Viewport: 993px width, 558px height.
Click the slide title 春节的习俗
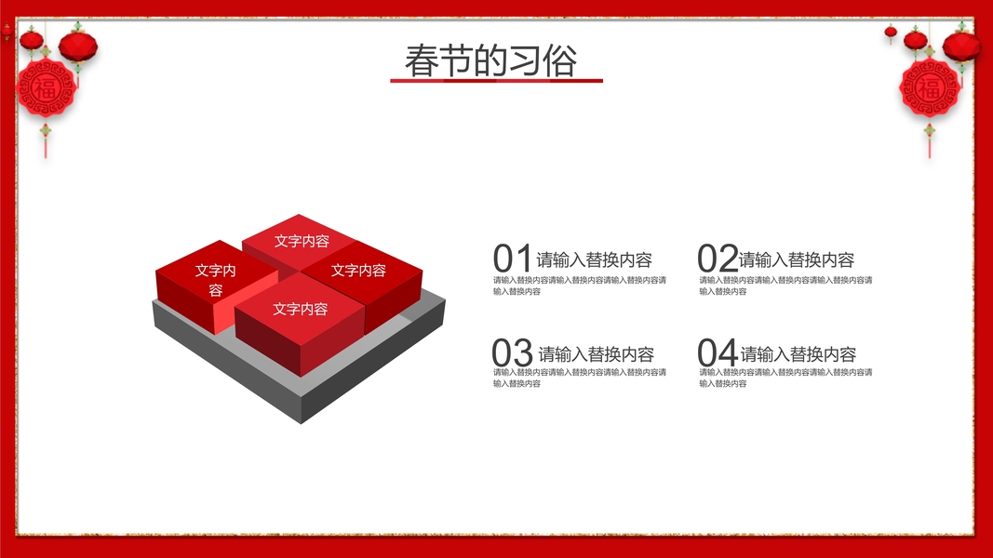tap(490, 60)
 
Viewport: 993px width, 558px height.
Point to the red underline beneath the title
tap(497, 80)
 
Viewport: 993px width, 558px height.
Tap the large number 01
tap(512, 259)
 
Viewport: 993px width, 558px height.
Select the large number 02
tap(718, 259)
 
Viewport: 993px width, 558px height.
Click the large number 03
tap(513, 352)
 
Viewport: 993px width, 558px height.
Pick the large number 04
tap(718, 352)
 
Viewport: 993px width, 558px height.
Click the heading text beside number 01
tap(594, 260)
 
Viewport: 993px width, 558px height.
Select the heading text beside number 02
tap(797, 260)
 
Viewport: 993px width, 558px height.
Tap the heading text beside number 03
tap(596, 353)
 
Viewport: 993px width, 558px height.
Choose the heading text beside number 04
tap(798, 353)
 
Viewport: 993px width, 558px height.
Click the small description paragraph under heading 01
tap(580, 286)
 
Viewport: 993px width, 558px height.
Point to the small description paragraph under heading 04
tap(785, 378)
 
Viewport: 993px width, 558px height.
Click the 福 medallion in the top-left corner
tap(46, 88)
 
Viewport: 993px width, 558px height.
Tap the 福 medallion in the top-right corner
tap(930, 88)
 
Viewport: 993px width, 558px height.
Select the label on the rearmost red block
tap(302, 241)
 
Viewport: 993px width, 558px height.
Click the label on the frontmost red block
tap(301, 309)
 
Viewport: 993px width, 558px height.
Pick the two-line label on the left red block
tap(215, 280)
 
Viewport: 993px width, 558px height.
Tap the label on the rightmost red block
tap(358, 270)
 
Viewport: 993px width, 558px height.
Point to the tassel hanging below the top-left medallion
tap(45, 139)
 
